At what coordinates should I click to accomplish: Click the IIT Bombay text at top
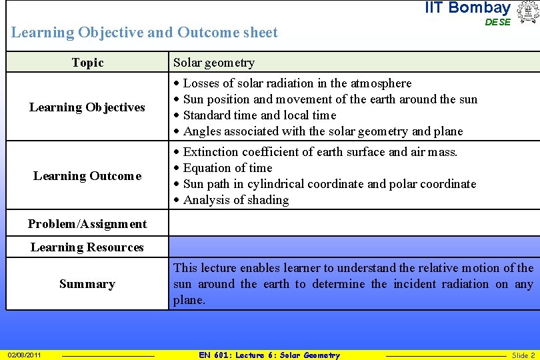(x=467, y=8)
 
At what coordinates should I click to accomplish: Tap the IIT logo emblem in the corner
(x=527, y=12)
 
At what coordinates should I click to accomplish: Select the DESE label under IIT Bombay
(x=497, y=22)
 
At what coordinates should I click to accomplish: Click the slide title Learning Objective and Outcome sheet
(x=145, y=32)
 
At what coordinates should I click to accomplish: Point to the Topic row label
(x=87, y=63)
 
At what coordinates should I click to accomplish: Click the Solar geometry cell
(x=214, y=63)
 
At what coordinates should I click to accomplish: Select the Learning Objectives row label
(x=87, y=107)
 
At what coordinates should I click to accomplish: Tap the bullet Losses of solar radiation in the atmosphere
(x=297, y=83)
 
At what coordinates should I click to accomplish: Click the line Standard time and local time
(x=259, y=115)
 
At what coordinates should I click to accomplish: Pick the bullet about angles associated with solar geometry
(x=323, y=131)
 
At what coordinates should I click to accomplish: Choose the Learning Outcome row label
(x=87, y=176)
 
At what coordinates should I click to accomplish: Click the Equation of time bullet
(x=227, y=168)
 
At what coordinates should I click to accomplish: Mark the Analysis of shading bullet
(x=235, y=200)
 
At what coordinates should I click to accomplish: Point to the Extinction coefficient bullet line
(x=320, y=152)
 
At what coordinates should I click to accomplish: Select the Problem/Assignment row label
(x=87, y=224)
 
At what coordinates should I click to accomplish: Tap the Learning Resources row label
(x=87, y=247)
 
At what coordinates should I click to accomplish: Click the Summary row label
(x=87, y=284)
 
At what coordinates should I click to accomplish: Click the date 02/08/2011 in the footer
(x=24, y=355)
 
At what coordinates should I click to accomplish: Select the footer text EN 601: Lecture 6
(x=269, y=355)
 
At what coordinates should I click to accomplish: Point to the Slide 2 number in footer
(x=523, y=355)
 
